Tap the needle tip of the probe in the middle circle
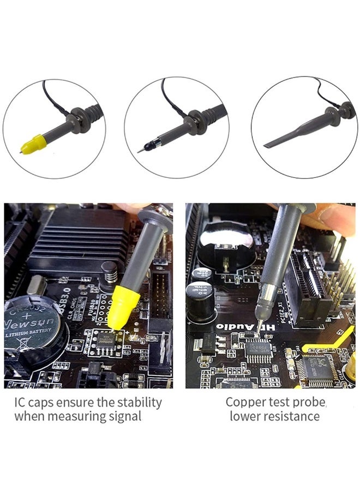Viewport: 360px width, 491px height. (139, 151)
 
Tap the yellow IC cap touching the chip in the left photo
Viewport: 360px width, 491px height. (125, 303)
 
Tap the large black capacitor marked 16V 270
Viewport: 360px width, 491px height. (197, 299)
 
